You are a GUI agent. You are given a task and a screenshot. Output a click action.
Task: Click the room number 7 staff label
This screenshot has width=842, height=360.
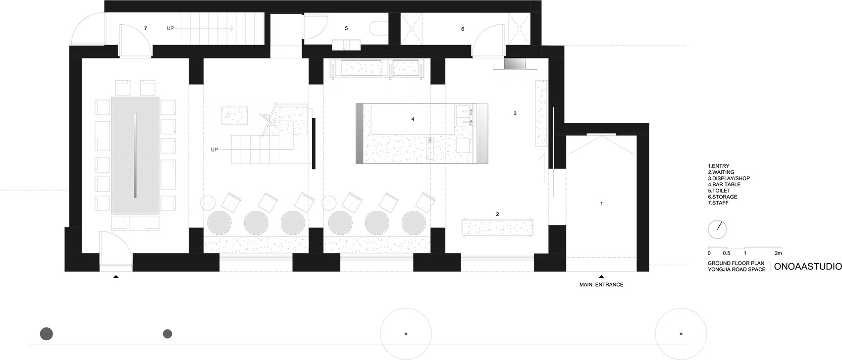coord(146,29)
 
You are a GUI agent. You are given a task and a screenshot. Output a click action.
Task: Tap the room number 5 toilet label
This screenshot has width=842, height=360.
coord(346,28)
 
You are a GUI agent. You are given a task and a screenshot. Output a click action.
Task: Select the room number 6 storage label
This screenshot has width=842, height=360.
coord(463,29)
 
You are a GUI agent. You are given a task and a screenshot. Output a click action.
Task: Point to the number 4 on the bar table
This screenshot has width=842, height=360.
coord(413,119)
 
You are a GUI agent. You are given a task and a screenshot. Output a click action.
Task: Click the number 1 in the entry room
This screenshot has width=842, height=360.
coord(601,204)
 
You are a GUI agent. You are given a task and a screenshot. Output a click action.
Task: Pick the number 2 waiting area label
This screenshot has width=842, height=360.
coord(497,214)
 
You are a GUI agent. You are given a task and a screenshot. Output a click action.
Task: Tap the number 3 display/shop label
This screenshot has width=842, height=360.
coord(515,113)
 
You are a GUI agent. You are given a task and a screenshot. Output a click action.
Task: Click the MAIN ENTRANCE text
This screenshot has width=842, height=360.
coord(601,285)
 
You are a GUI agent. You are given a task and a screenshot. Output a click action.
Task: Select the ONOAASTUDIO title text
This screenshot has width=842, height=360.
coord(806,267)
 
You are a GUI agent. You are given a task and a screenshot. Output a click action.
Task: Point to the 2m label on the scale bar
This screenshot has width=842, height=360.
coord(778,253)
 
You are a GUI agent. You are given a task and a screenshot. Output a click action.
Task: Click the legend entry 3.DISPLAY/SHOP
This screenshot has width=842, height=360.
coord(729,178)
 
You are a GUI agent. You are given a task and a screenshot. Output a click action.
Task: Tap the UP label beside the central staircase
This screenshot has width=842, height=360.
coord(214,150)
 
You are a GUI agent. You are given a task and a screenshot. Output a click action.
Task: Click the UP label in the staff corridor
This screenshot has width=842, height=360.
coord(170,28)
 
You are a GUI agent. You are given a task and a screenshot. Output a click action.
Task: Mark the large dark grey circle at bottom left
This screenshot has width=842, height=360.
coord(47,334)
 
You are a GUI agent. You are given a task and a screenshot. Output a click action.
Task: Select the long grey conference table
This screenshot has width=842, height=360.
coord(135,156)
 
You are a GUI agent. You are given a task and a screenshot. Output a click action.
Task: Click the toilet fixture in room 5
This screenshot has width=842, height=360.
coord(378,28)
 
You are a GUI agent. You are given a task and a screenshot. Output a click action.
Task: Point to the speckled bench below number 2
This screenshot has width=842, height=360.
coord(497,227)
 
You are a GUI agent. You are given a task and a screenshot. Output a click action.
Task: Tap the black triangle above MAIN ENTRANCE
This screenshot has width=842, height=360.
coord(601,277)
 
